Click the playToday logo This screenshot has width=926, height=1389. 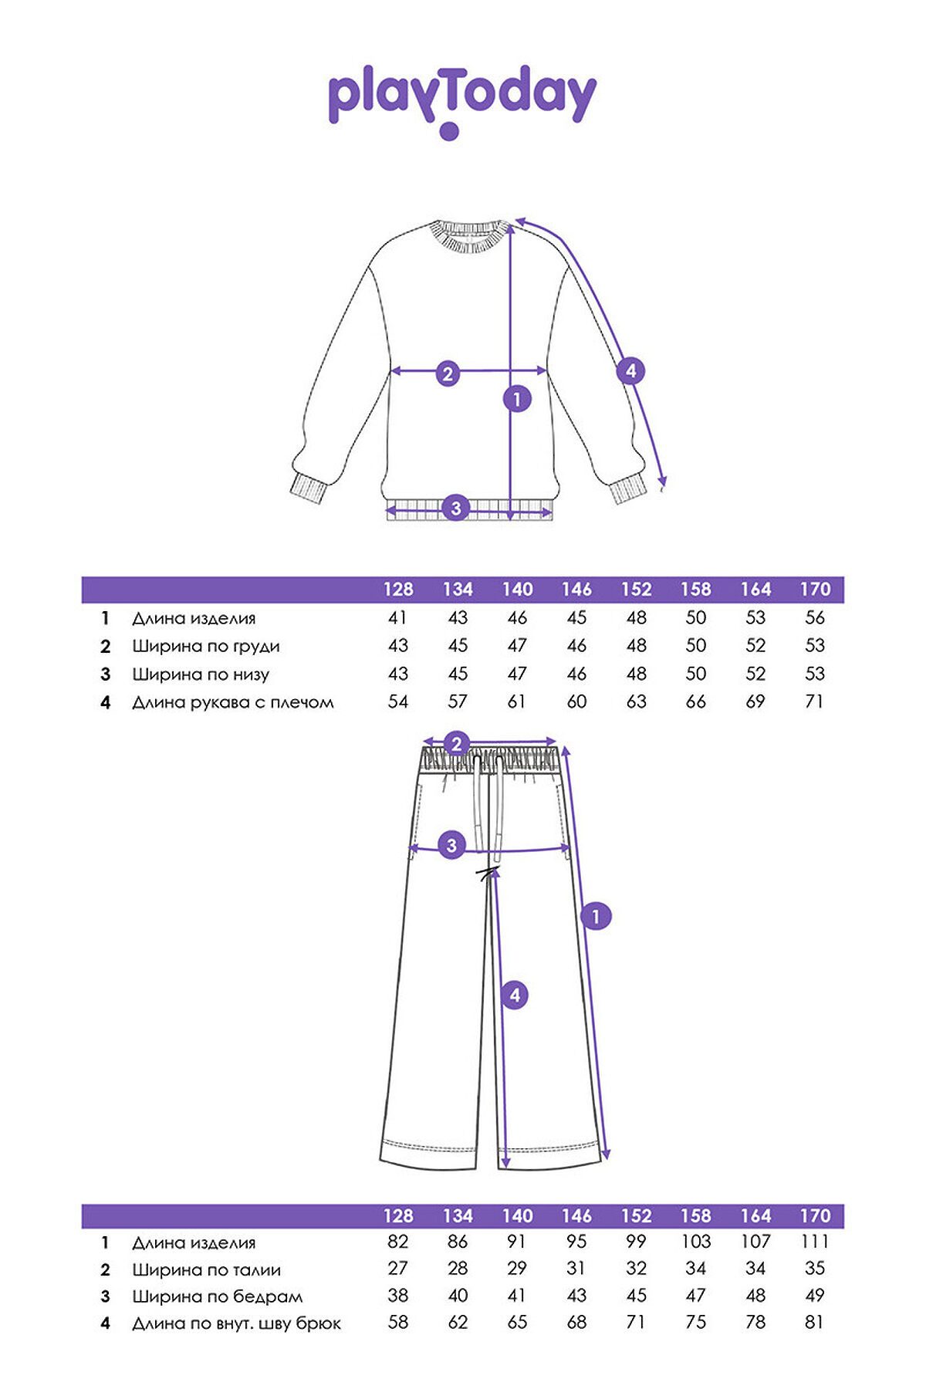tap(461, 100)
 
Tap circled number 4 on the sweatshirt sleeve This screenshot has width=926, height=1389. tap(630, 371)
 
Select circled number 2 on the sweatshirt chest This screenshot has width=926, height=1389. tap(448, 373)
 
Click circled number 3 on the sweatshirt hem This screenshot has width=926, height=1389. tap(455, 508)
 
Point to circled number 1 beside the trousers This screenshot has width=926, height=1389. tap(595, 917)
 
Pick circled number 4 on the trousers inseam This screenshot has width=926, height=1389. tap(515, 995)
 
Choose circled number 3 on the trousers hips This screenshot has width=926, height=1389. tap(452, 845)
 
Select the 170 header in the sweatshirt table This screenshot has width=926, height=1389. tap(815, 590)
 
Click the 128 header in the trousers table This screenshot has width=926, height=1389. tap(398, 1216)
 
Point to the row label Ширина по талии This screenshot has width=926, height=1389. tap(206, 1270)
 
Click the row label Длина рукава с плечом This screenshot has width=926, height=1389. tap(233, 702)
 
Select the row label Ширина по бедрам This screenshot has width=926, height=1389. tap(218, 1297)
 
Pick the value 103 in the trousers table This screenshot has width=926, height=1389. tap(696, 1242)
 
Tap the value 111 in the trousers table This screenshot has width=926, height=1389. tap(815, 1242)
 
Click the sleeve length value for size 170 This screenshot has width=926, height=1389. tap(814, 701)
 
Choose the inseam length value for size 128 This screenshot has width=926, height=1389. tap(398, 1322)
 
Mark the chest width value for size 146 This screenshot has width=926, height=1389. tap(576, 645)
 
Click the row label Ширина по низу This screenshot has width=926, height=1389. tap(201, 674)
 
